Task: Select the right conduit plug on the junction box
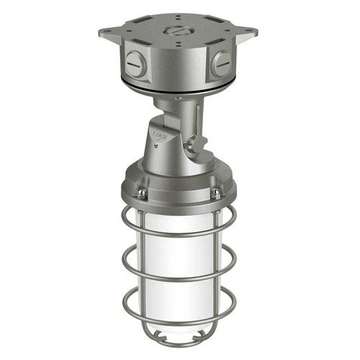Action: pos(222,66)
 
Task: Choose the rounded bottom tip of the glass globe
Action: pos(179,341)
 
